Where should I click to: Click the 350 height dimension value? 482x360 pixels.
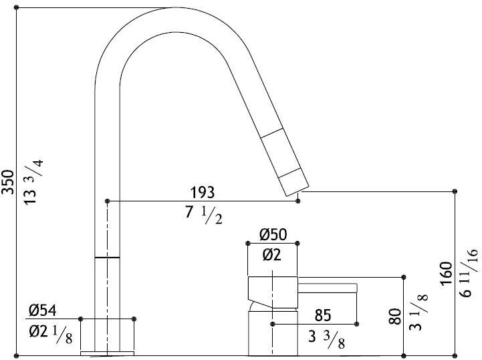8,182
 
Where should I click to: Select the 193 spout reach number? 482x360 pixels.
203,193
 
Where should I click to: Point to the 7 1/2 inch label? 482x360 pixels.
203,215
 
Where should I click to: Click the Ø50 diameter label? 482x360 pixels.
273,234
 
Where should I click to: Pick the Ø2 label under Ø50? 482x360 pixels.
271,255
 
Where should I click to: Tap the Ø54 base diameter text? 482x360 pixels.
42,310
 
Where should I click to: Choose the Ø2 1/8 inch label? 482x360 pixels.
51,335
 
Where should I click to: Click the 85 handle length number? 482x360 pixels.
323,315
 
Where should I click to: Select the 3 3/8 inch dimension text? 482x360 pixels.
326,339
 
